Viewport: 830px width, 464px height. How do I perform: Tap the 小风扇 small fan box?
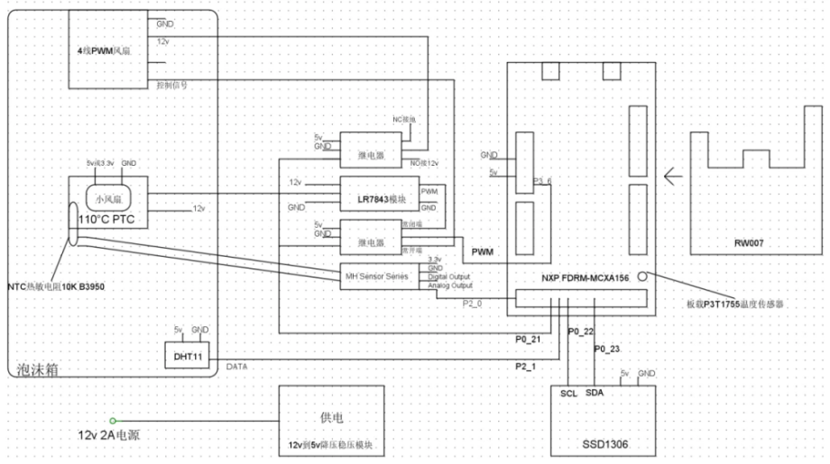pyautogui.click(x=108, y=197)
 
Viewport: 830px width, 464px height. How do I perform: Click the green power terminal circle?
pyautogui.click(x=113, y=420)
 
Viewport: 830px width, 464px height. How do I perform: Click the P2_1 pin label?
pyautogui.click(x=526, y=366)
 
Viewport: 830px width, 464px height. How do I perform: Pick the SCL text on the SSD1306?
pyautogui.click(x=568, y=395)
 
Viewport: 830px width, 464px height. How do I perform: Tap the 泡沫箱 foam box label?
pyautogui.click(x=38, y=368)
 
